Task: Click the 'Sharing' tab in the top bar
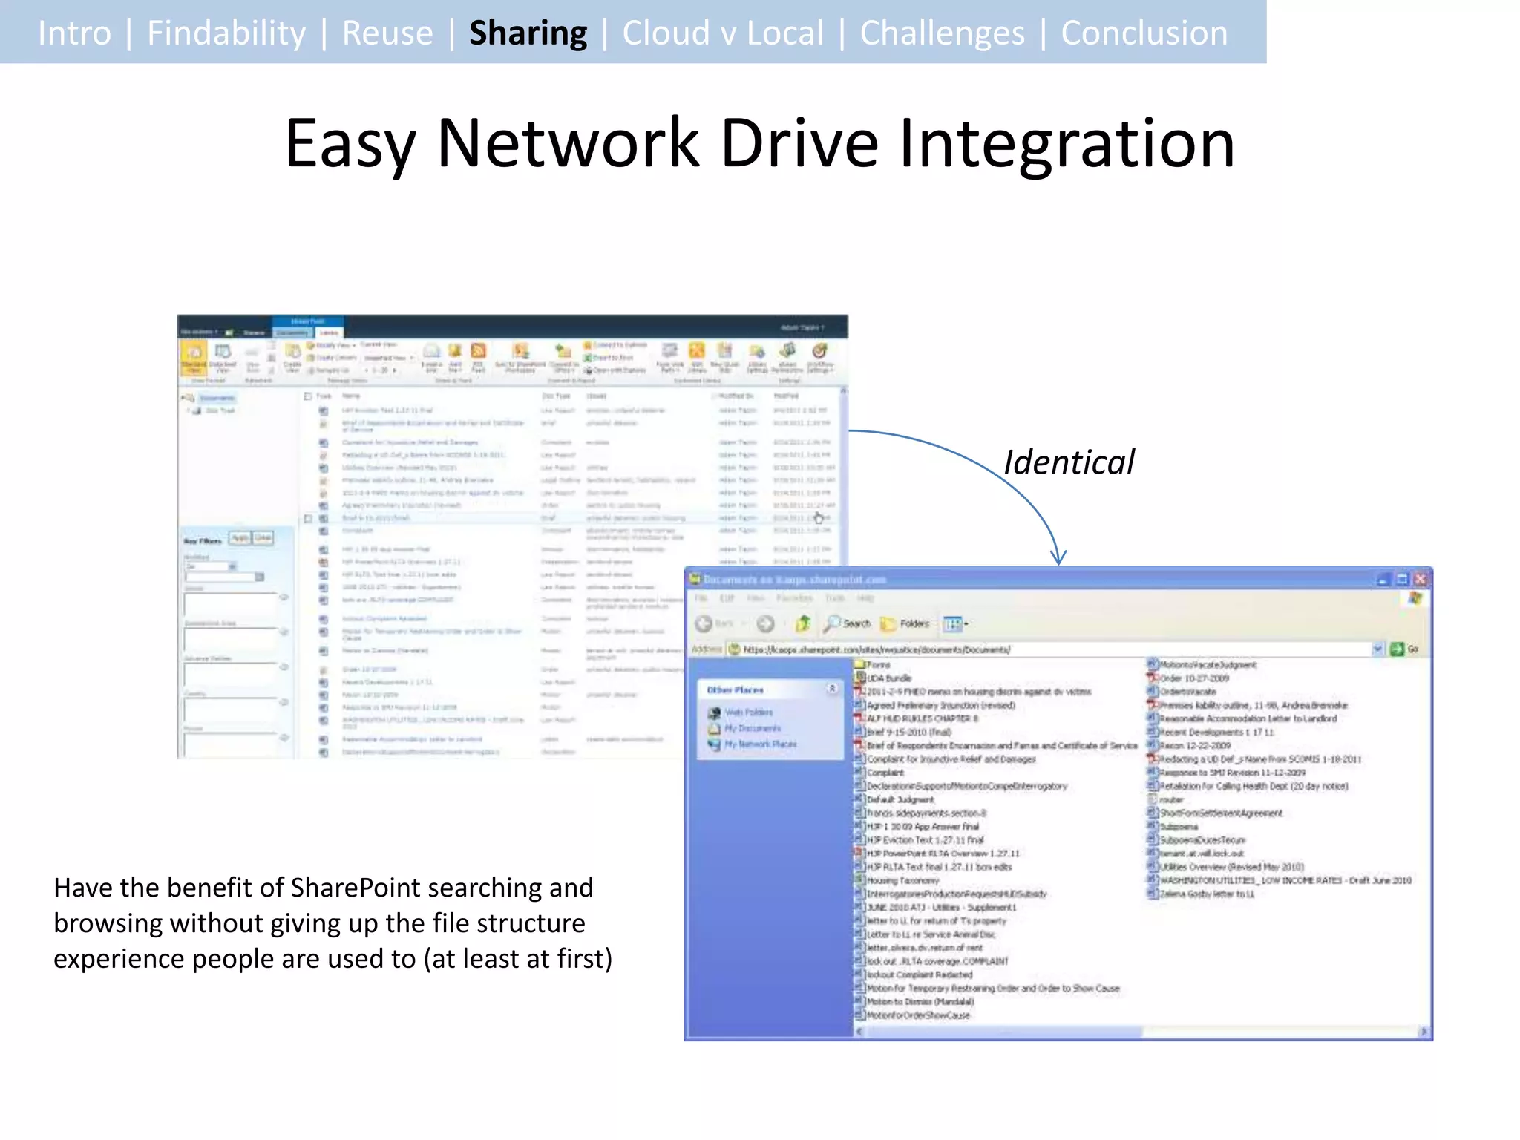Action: [528, 33]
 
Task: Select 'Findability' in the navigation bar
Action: [226, 33]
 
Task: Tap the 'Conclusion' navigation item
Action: [1144, 33]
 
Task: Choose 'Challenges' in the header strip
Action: [942, 33]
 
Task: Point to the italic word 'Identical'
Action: [1069, 462]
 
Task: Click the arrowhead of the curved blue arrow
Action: [1058, 557]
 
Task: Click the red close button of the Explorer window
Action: [1420, 579]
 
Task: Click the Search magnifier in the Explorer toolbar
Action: [833, 623]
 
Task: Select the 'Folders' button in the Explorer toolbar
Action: [906, 623]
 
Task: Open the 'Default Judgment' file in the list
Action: [900, 799]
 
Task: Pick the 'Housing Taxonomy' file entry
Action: [902, 880]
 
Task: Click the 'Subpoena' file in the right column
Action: [1179, 826]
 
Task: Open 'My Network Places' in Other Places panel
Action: [760, 744]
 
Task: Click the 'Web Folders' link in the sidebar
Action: [748, 712]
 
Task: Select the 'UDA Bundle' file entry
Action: [888, 678]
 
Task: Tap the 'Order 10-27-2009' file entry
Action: [1194, 678]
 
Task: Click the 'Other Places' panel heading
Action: [735, 689]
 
